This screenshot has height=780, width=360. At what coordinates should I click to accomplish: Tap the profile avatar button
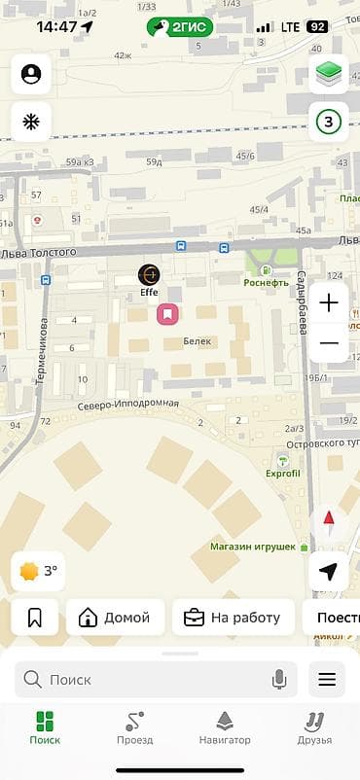[31, 74]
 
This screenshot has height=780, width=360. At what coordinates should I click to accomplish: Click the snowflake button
[31, 123]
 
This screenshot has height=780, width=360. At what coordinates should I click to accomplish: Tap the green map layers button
[329, 74]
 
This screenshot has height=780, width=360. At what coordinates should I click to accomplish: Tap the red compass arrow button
[329, 519]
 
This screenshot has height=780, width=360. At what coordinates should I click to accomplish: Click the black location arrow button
[329, 571]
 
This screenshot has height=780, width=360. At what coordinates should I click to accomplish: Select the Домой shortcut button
[115, 617]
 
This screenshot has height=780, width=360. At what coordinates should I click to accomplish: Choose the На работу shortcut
[233, 617]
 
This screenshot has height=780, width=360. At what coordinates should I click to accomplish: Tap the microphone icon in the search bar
[280, 680]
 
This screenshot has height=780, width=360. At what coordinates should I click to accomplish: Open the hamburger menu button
[327, 680]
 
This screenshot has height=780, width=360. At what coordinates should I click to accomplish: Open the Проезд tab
[134, 728]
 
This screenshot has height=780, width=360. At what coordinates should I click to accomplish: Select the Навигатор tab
[225, 728]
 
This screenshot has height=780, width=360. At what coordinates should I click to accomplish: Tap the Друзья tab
[314, 728]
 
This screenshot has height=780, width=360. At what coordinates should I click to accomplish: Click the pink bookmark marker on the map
[167, 313]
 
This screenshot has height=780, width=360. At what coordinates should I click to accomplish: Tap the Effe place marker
[149, 276]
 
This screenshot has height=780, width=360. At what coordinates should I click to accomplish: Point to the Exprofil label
[282, 473]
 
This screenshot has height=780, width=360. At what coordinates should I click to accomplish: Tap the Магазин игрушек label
[253, 547]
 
